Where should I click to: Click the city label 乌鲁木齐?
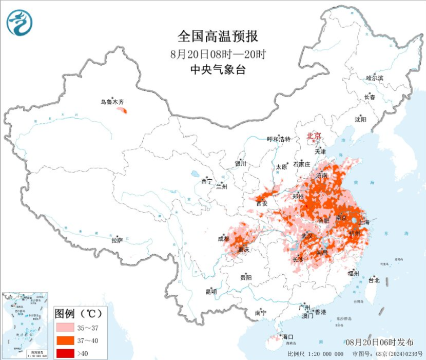pyautogui.click(x=112, y=102)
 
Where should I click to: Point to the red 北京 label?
pyautogui.click(x=314, y=136)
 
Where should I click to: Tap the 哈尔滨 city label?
pyautogui.click(x=375, y=78)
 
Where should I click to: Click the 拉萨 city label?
pyautogui.click(x=117, y=240)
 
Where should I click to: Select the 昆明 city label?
pyautogui.click(x=211, y=292)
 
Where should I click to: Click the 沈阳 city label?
pyautogui.click(x=360, y=119)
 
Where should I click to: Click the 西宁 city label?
pyautogui.click(x=206, y=181)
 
